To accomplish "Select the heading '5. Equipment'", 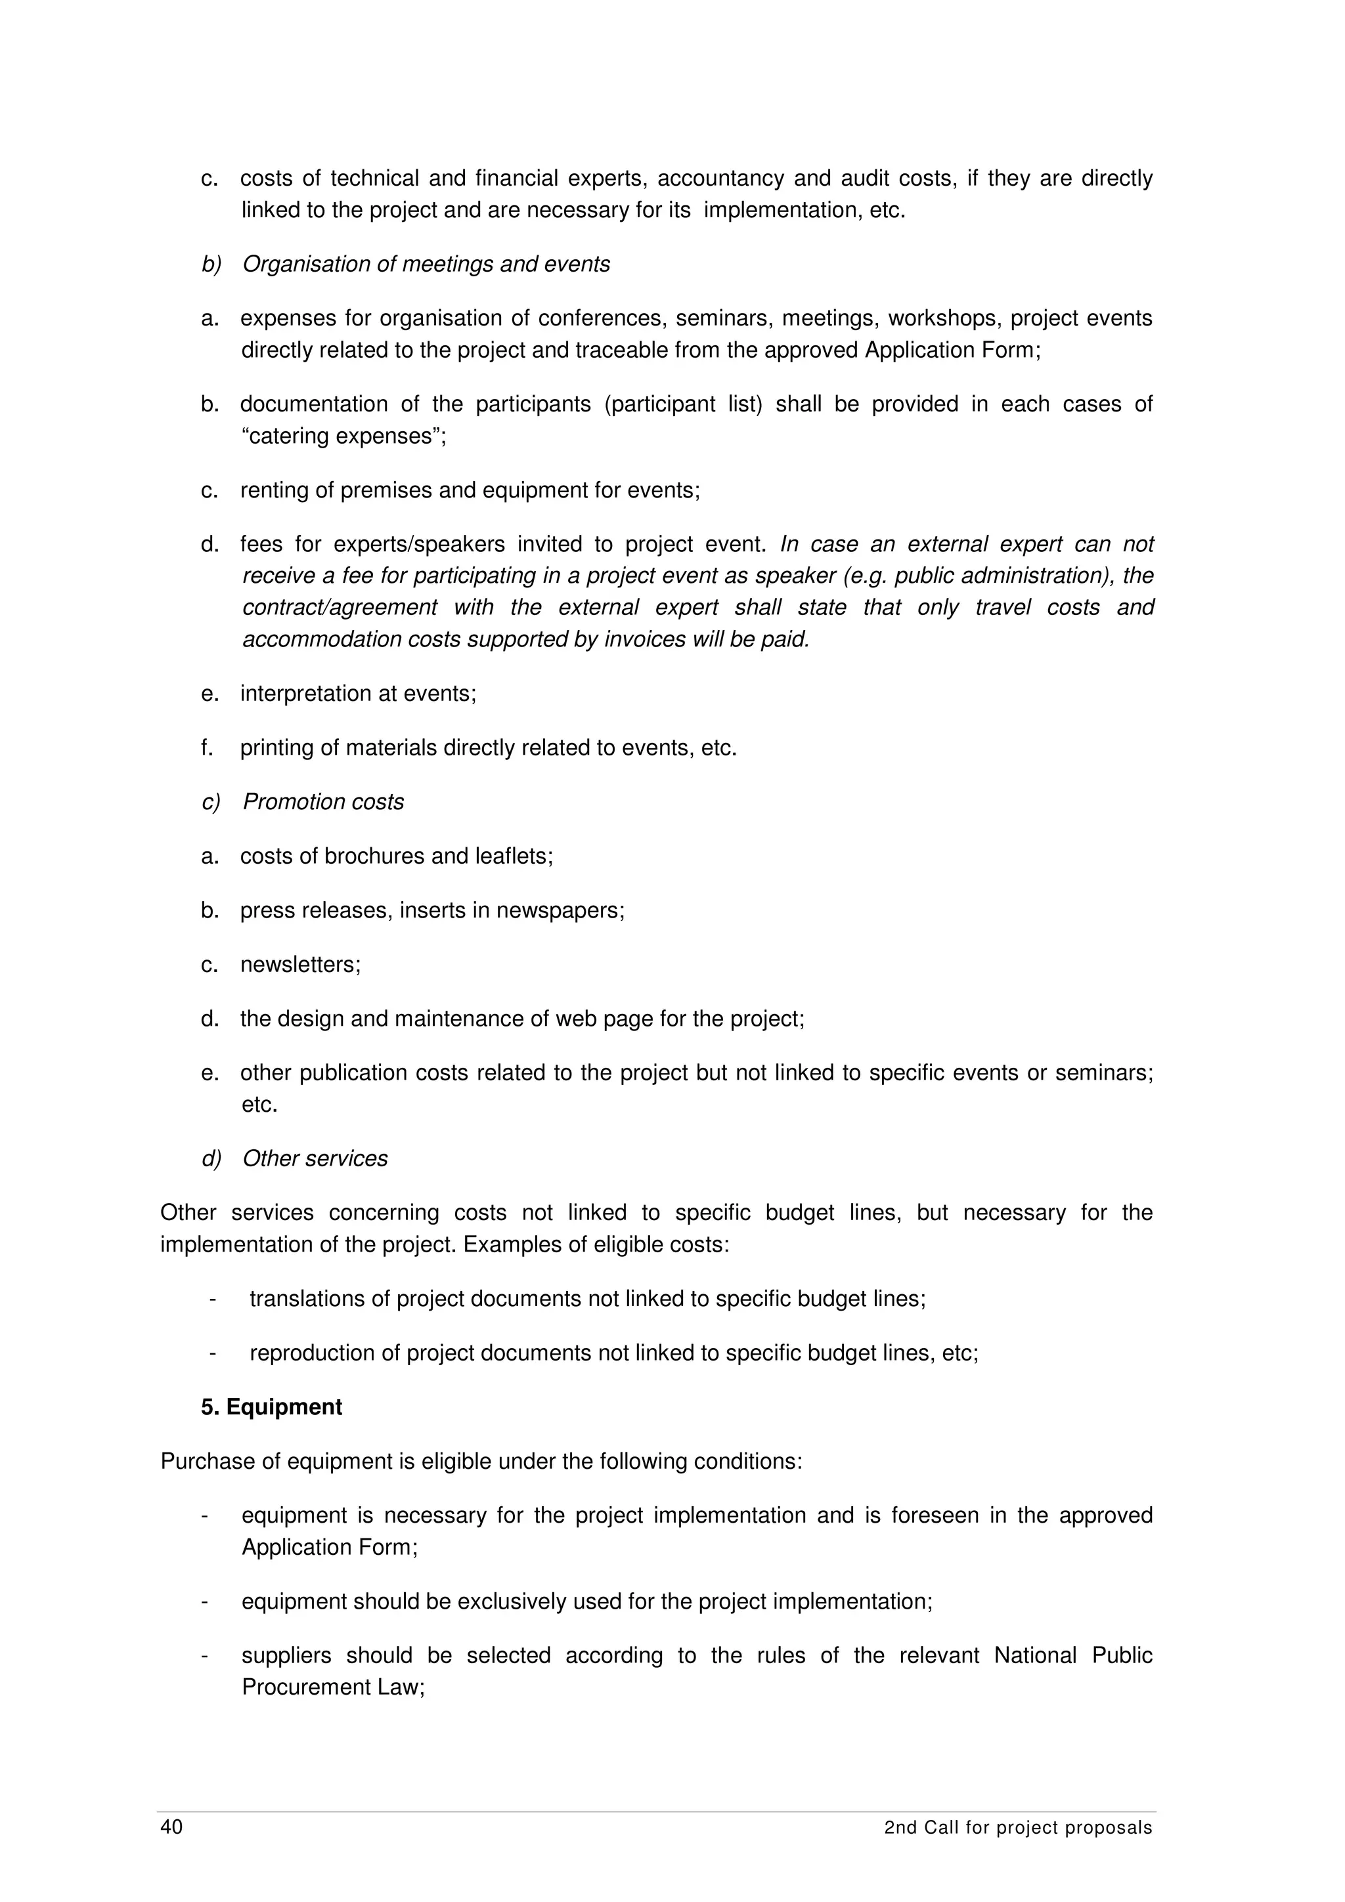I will (271, 1407).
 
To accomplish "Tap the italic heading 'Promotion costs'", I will (323, 802).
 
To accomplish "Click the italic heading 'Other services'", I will (315, 1158).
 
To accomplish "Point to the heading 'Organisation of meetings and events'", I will (426, 264).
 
